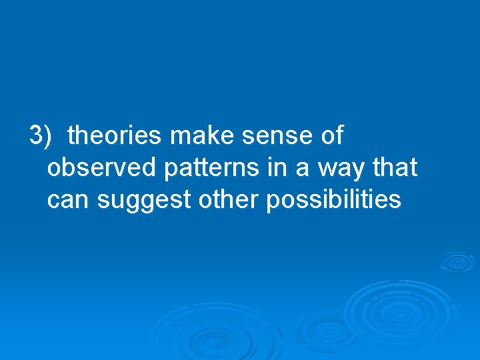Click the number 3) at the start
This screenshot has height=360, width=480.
click(x=40, y=136)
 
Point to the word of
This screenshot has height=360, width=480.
click(x=331, y=136)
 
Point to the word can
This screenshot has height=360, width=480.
click(x=68, y=200)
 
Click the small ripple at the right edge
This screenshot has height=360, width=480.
click(x=457, y=261)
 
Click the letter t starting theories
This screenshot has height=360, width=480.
click(x=71, y=136)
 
